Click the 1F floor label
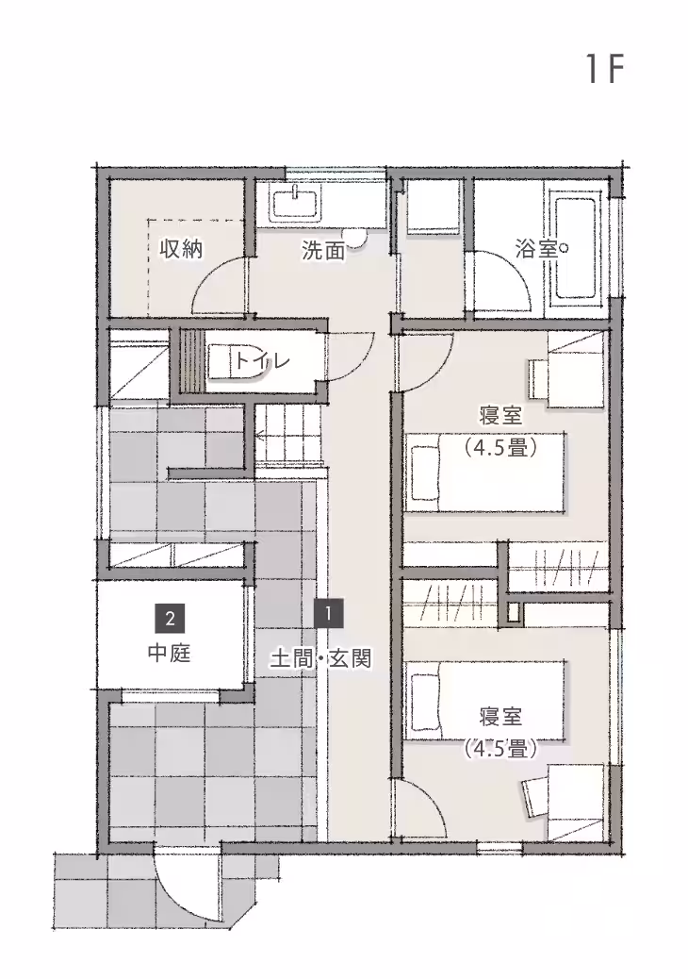click(x=604, y=70)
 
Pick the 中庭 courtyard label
click(x=170, y=652)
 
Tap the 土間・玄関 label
click(x=321, y=658)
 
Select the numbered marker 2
click(x=170, y=619)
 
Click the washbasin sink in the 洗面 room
click(x=297, y=203)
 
